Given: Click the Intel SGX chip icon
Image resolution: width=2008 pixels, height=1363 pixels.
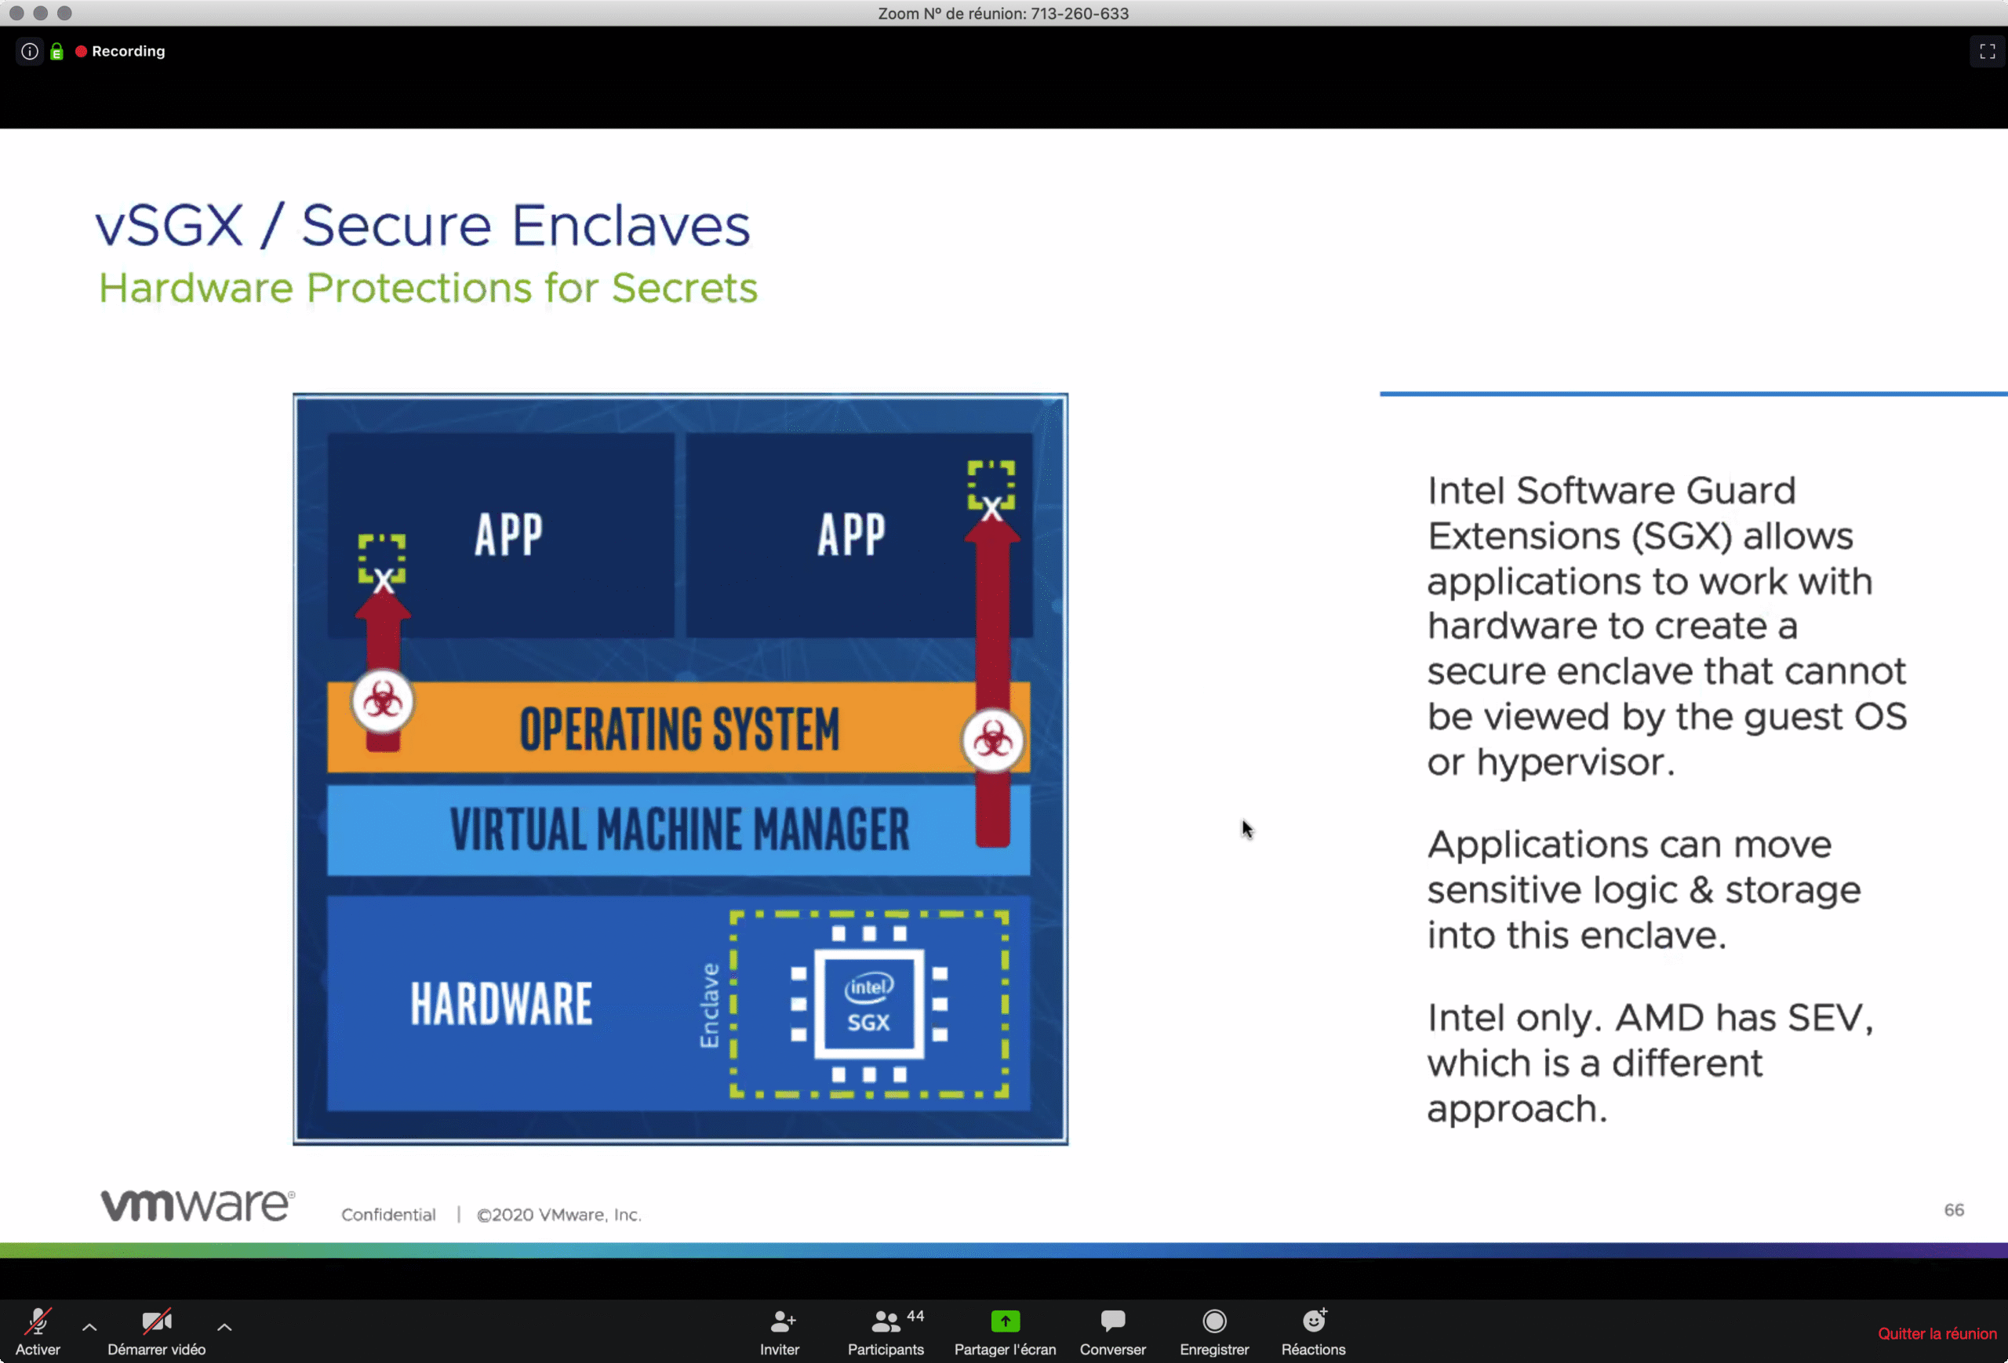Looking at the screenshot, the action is (x=868, y=1004).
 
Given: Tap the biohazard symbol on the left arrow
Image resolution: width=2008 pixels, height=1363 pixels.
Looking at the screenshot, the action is (x=383, y=700).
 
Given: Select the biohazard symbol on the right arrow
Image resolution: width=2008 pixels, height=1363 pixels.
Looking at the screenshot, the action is (x=993, y=740).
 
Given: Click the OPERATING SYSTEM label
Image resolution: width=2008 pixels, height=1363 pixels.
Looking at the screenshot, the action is (x=679, y=729).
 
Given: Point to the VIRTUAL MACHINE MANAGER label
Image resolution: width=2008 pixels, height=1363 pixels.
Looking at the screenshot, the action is (x=679, y=829).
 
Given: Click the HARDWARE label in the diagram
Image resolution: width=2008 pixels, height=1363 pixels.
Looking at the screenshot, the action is (x=501, y=1004).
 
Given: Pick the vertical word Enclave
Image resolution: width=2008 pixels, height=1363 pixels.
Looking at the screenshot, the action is (x=709, y=1005).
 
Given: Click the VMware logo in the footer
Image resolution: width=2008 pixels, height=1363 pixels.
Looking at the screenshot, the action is (x=198, y=1205).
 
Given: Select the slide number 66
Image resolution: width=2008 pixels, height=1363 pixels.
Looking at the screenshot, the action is (x=1954, y=1210).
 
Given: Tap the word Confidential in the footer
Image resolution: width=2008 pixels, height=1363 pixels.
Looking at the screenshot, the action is (x=388, y=1215).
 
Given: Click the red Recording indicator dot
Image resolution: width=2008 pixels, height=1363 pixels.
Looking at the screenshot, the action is (x=82, y=51).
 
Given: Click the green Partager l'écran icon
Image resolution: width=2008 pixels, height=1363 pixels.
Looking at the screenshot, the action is (x=1005, y=1321).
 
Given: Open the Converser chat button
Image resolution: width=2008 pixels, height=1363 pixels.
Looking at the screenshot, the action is (x=1113, y=1331).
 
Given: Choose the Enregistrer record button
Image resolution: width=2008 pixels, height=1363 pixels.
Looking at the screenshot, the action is (x=1214, y=1331).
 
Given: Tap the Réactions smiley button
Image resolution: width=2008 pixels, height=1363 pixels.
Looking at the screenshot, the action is (x=1313, y=1331).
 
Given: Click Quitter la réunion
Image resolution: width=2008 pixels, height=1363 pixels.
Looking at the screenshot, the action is (x=1937, y=1334).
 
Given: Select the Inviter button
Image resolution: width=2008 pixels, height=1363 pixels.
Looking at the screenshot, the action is (x=780, y=1331).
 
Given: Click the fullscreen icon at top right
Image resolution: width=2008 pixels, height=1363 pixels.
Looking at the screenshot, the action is (x=1986, y=52).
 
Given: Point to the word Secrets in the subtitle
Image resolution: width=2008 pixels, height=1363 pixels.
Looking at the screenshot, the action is (x=684, y=288).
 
